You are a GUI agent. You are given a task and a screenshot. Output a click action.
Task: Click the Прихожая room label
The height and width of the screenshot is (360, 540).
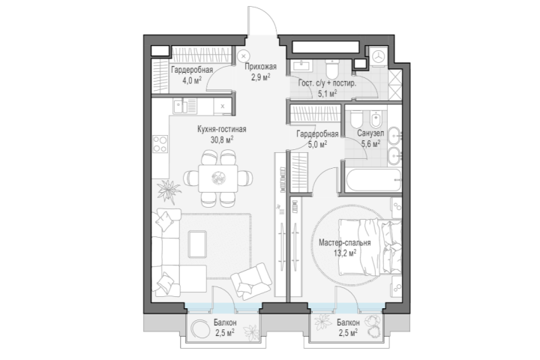[260, 67]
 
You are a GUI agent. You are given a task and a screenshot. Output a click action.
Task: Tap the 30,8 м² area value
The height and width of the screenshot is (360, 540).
[222, 139]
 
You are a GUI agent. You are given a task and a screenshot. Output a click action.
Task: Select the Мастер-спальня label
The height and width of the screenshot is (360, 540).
[344, 242]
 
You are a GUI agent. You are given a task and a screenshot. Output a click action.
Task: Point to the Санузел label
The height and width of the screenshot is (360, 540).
[370, 133]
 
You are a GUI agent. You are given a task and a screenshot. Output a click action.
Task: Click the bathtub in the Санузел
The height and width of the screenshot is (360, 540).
[373, 180]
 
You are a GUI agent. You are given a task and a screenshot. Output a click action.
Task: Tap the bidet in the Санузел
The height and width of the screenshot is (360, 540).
[375, 119]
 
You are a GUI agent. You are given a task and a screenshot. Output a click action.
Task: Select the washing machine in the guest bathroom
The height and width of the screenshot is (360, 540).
[379, 57]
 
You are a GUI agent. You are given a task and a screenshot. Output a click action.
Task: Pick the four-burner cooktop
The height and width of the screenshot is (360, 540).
[160, 144]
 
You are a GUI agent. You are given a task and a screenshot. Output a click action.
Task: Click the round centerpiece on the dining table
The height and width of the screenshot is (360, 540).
[218, 178]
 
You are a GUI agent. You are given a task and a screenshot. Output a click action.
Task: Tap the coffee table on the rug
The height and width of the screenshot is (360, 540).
[197, 244]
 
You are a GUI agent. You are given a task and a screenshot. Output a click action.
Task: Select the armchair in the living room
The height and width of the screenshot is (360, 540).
[251, 281]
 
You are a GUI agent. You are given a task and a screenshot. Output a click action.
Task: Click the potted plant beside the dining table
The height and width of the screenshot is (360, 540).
[169, 190]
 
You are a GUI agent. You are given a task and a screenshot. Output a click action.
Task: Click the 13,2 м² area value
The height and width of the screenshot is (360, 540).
[345, 253]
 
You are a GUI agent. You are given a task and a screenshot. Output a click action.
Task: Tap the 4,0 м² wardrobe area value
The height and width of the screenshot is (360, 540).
[192, 81]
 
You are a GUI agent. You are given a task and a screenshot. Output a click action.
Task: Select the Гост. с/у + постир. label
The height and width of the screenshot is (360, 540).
[327, 83]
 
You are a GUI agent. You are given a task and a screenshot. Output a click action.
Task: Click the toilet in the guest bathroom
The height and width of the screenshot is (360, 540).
[332, 68]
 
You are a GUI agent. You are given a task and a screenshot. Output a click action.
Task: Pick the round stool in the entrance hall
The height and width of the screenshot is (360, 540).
[244, 55]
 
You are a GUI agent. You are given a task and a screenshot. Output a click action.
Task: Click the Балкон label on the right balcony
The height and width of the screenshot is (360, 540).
[348, 322]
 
